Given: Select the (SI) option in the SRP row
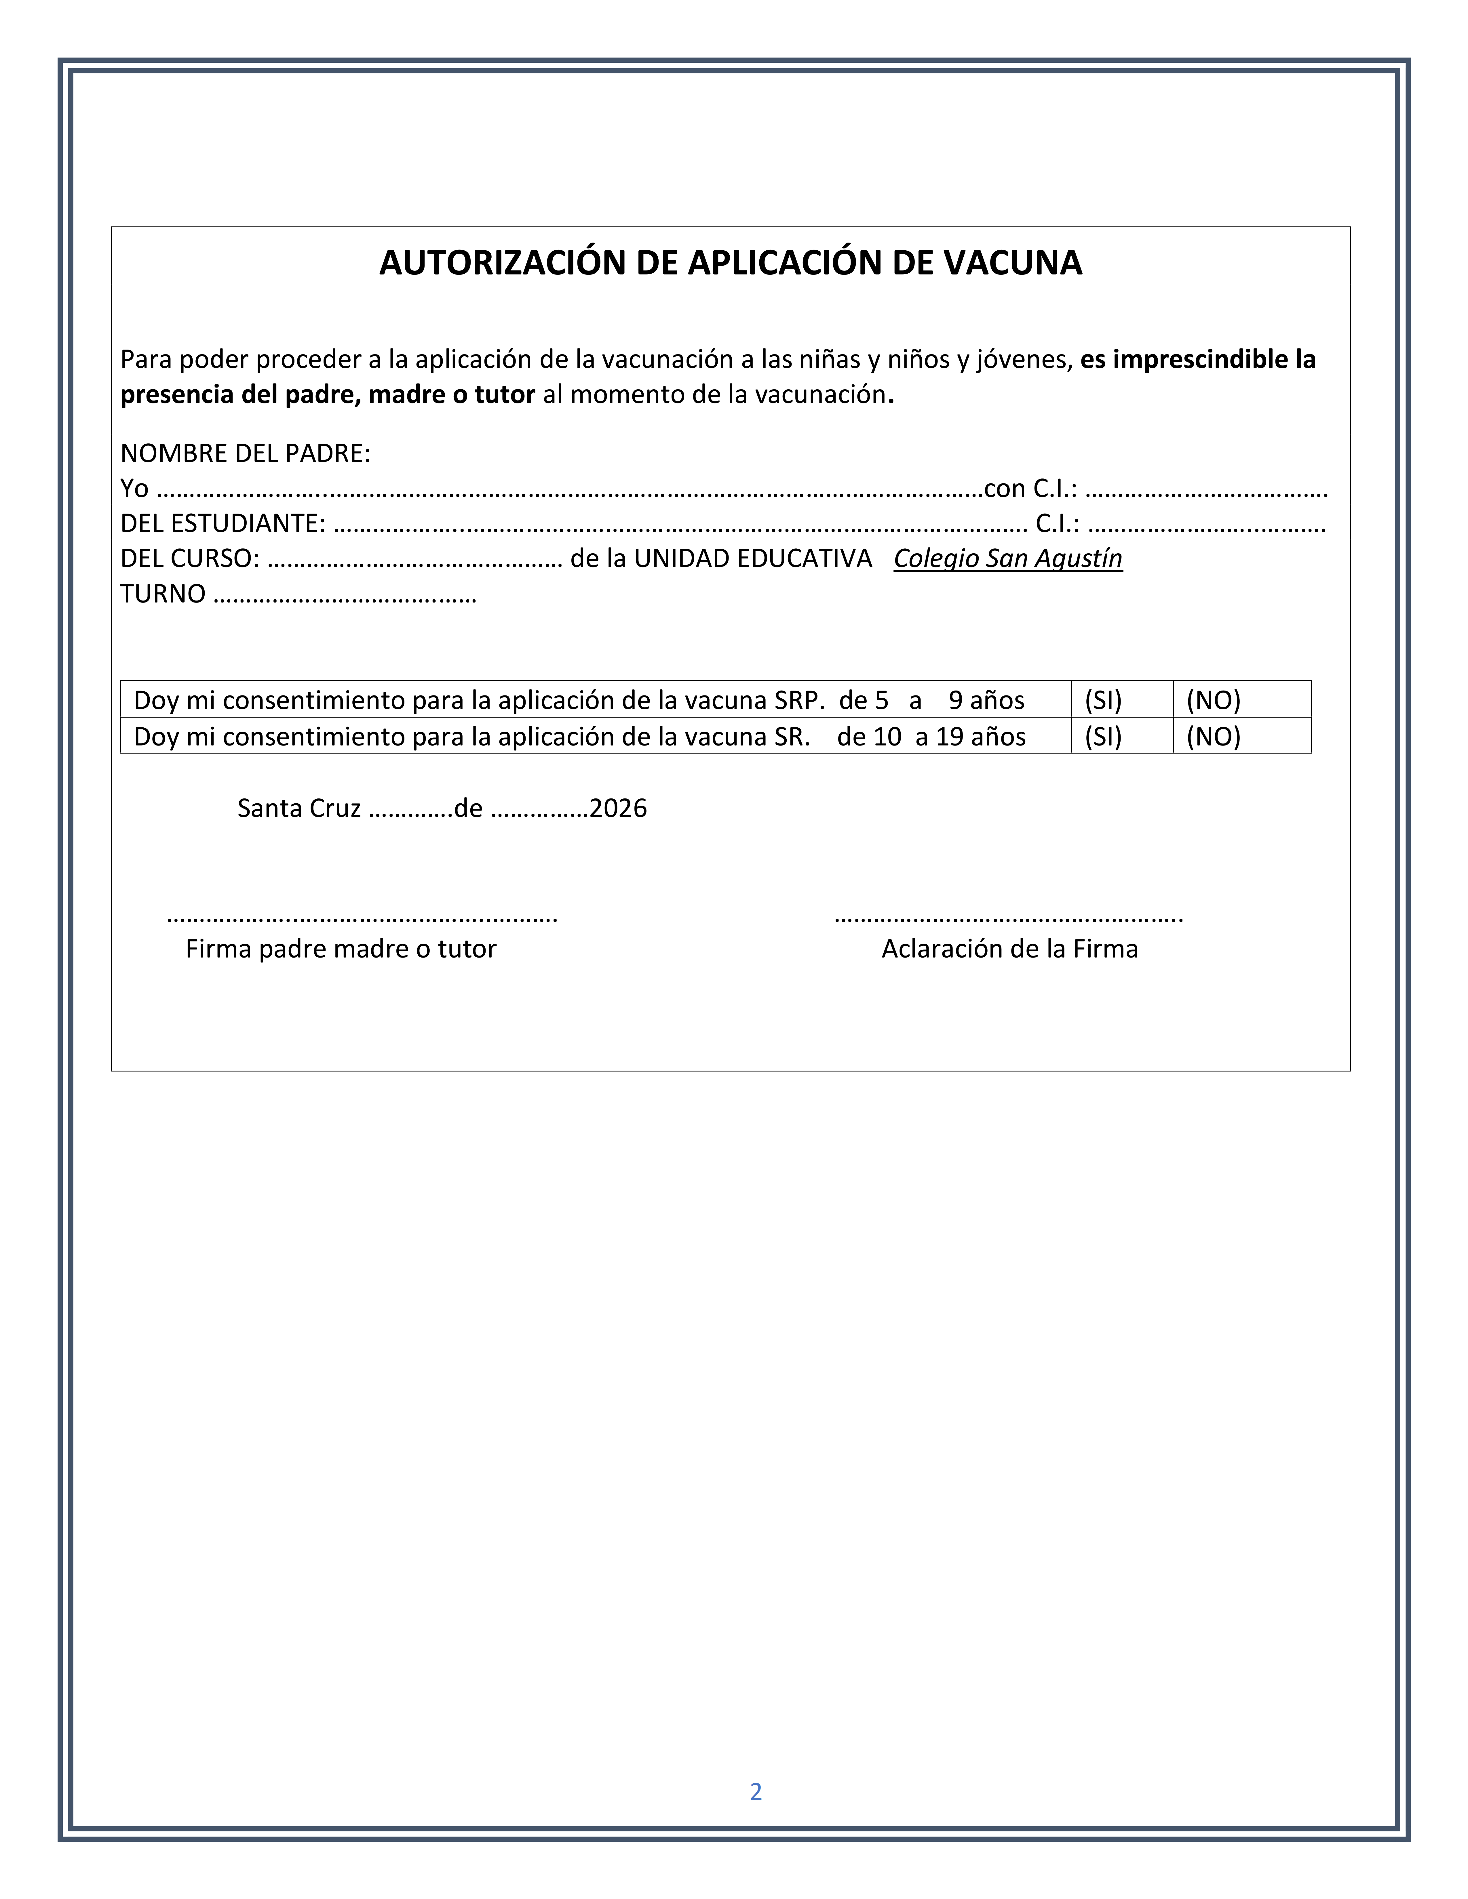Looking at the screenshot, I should point(1103,700).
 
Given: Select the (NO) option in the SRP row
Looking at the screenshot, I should point(1213,700).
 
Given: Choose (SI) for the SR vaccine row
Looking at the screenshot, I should point(1103,737).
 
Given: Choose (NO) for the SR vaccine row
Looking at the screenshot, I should point(1213,737).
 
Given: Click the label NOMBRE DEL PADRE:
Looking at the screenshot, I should point(245,453).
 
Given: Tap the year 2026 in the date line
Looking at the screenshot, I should point(617,809).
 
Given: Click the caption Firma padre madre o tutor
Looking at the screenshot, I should point(341,949).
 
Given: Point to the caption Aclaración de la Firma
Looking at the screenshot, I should point(1010,949).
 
